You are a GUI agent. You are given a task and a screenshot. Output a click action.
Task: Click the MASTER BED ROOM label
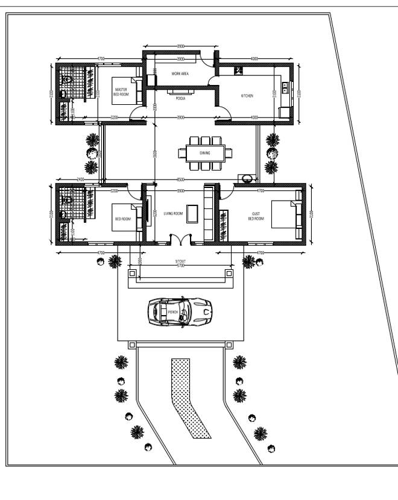(121, 92)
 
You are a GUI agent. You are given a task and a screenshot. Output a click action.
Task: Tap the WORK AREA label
(180, 73)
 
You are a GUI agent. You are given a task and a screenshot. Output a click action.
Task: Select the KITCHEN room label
(247, 96)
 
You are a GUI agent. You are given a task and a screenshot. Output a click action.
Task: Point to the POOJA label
(180, 98)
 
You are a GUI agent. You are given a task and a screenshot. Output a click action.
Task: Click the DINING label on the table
(205, 153)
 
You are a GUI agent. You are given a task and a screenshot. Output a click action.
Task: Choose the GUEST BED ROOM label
(256, 216)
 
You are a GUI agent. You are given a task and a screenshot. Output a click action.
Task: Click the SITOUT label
(180, 261)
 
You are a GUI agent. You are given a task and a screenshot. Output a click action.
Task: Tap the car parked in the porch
(180, 311)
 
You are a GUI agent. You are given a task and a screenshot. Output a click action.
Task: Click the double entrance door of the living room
(180, 239)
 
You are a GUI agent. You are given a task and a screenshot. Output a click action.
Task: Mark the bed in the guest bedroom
(284, 215)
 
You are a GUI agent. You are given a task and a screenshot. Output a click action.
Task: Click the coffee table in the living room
(192, 213)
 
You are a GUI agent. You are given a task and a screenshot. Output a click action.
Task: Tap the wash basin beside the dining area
(247, 178)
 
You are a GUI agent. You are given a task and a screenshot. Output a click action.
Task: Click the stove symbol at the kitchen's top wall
(239, 70)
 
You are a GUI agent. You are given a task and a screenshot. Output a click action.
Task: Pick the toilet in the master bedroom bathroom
(66, 80)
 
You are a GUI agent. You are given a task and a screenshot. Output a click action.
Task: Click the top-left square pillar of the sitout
(131, 273)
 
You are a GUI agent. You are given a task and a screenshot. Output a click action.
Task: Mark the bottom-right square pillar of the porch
(229, 345)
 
